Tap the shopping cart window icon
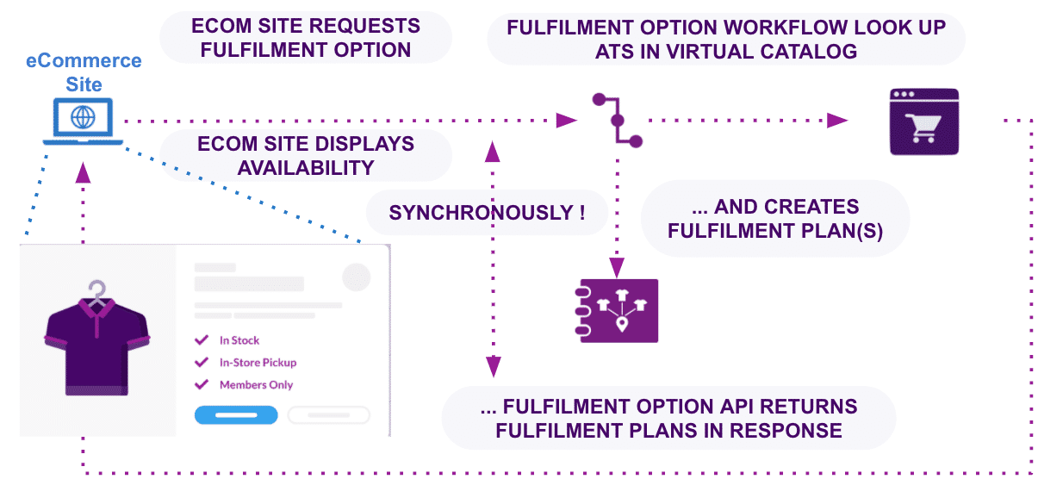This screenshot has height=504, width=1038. coord(923,121)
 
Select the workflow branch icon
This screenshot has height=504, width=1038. coord(617,120)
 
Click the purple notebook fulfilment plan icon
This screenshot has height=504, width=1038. coord(618,310)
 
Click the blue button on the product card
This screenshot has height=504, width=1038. coord(235,415)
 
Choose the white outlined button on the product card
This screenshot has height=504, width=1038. coord(328,415)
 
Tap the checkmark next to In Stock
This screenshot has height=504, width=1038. coord(202,340)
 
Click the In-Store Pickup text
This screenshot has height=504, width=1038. coord(258,363)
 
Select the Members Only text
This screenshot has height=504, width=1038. coord(256,385)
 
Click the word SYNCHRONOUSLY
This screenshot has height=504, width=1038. coord(481,213)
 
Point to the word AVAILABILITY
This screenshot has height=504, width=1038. coord(306,167)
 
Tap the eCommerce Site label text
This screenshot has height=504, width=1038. coord(84,72)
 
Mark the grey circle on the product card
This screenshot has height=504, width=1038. coord(356,277)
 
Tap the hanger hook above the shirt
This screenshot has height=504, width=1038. coord(97,288)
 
